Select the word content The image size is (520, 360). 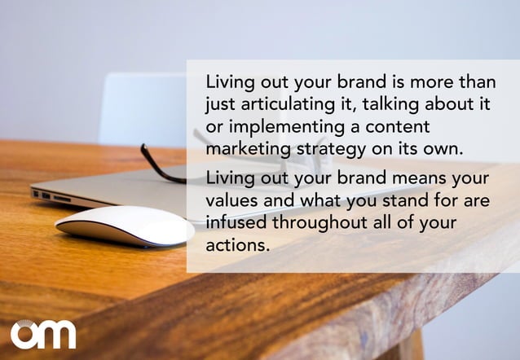[394, 129]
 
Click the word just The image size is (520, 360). [219, 106]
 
